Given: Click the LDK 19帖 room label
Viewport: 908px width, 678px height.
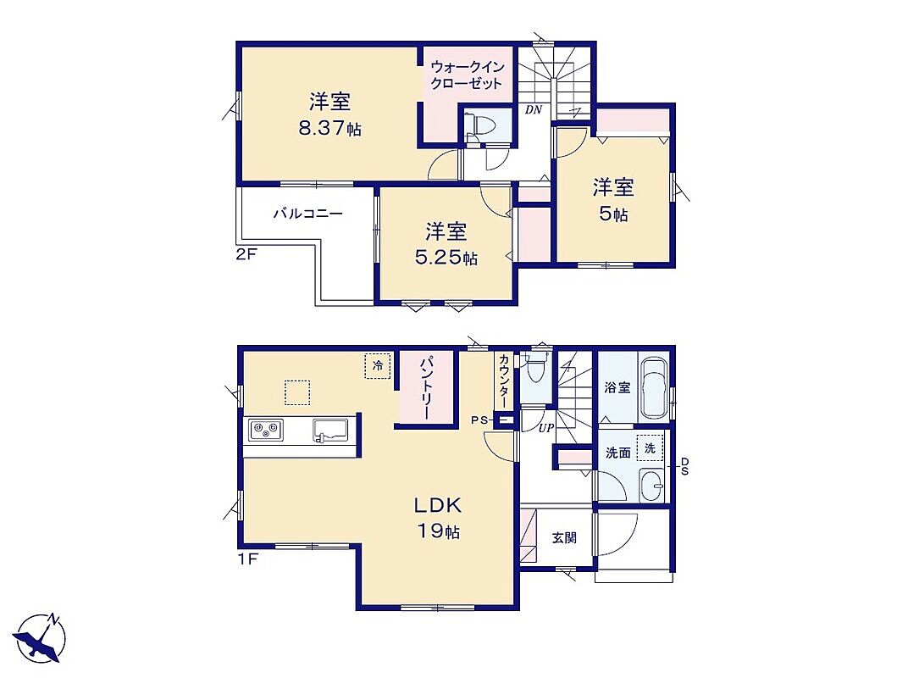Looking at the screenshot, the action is (437, 517).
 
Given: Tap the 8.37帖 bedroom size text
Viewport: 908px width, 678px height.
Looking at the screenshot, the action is (329, 128).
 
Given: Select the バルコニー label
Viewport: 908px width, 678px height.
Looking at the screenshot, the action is (308, 214).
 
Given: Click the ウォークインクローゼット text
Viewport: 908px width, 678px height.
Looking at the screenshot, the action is (467, 75).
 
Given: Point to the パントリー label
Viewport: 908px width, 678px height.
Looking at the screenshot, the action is (426, 387).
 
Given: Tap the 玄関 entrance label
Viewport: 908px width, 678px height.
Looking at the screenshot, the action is (564, 538).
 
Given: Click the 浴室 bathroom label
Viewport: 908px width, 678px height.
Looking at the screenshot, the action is (617, 387).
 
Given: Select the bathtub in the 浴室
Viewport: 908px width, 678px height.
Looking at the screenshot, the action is (655, 387).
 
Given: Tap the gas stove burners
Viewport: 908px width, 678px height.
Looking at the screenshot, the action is (266, 431).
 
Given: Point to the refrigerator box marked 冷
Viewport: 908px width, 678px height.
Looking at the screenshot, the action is (378, 366).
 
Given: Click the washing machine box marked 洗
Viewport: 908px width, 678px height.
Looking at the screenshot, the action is (650, 448).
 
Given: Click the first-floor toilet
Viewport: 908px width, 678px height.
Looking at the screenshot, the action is (534, 366).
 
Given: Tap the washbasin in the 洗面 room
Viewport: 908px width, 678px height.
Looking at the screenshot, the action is (654, 486).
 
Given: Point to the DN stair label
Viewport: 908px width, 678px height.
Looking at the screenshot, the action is (534, 109).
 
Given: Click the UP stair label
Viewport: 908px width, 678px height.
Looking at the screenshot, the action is (546, 428).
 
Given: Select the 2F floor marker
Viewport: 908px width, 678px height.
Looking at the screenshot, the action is (246, 253).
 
